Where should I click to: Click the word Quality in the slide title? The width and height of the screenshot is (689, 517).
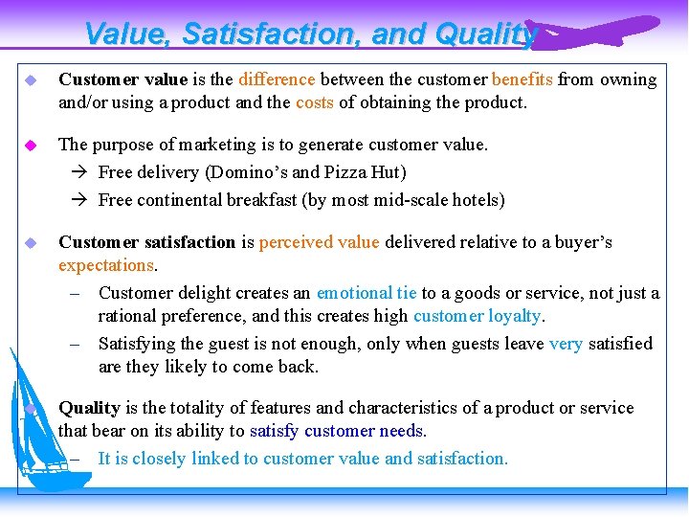485,34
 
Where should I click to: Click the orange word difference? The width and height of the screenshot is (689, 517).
277,79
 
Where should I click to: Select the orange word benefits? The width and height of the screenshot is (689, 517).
522,79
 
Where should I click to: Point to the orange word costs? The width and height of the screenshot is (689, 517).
315,102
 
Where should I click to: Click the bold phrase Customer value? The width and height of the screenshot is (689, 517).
122,79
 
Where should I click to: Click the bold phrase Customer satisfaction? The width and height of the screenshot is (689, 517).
146,242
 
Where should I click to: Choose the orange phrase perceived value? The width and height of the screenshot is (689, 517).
319,242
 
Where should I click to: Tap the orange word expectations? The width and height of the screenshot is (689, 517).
106,265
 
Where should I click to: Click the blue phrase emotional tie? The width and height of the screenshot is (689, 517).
367,293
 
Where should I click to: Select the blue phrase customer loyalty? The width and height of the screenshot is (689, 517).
478,316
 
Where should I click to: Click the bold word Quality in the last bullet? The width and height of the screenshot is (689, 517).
89,408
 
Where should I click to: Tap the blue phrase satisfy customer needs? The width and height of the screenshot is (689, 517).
338,431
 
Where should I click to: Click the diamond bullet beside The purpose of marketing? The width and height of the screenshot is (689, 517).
31,146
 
